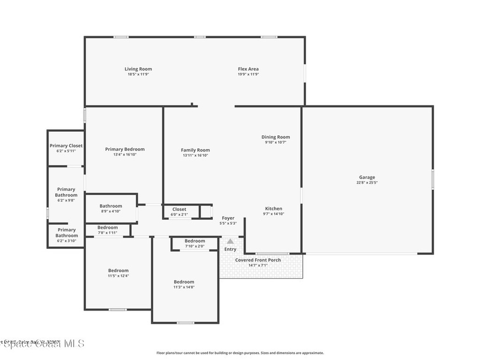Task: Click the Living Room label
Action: click(x=138, y=69)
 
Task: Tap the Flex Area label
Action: click(x=248, y=69)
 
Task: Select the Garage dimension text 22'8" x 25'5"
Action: click(x=367, y=183)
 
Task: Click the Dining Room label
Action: click(x=276, y=137)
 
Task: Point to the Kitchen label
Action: click(x=274, y=209)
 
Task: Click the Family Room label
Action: click(x=195, y=150)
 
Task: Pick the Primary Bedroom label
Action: click(x=125, y=150)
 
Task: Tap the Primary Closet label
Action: click(x=66, y=146)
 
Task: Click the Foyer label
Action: click(x=228, y=218)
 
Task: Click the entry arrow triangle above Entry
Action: click(x=230, y=241)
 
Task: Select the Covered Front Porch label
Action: click(x=258, y=260)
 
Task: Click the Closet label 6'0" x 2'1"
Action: click(x=179, y=210)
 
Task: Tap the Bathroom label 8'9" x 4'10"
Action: click(x=111, y=206)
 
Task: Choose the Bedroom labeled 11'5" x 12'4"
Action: click(x=118, y=270)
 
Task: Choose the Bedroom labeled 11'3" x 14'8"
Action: click(x=184, y=282)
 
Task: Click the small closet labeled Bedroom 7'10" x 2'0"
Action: click(x=195, y=241)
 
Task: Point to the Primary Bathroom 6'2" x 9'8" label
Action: click(x=66, y=192)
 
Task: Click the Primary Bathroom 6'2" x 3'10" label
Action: click(x=66, y=232)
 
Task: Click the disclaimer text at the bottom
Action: click(x=240, y=353)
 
